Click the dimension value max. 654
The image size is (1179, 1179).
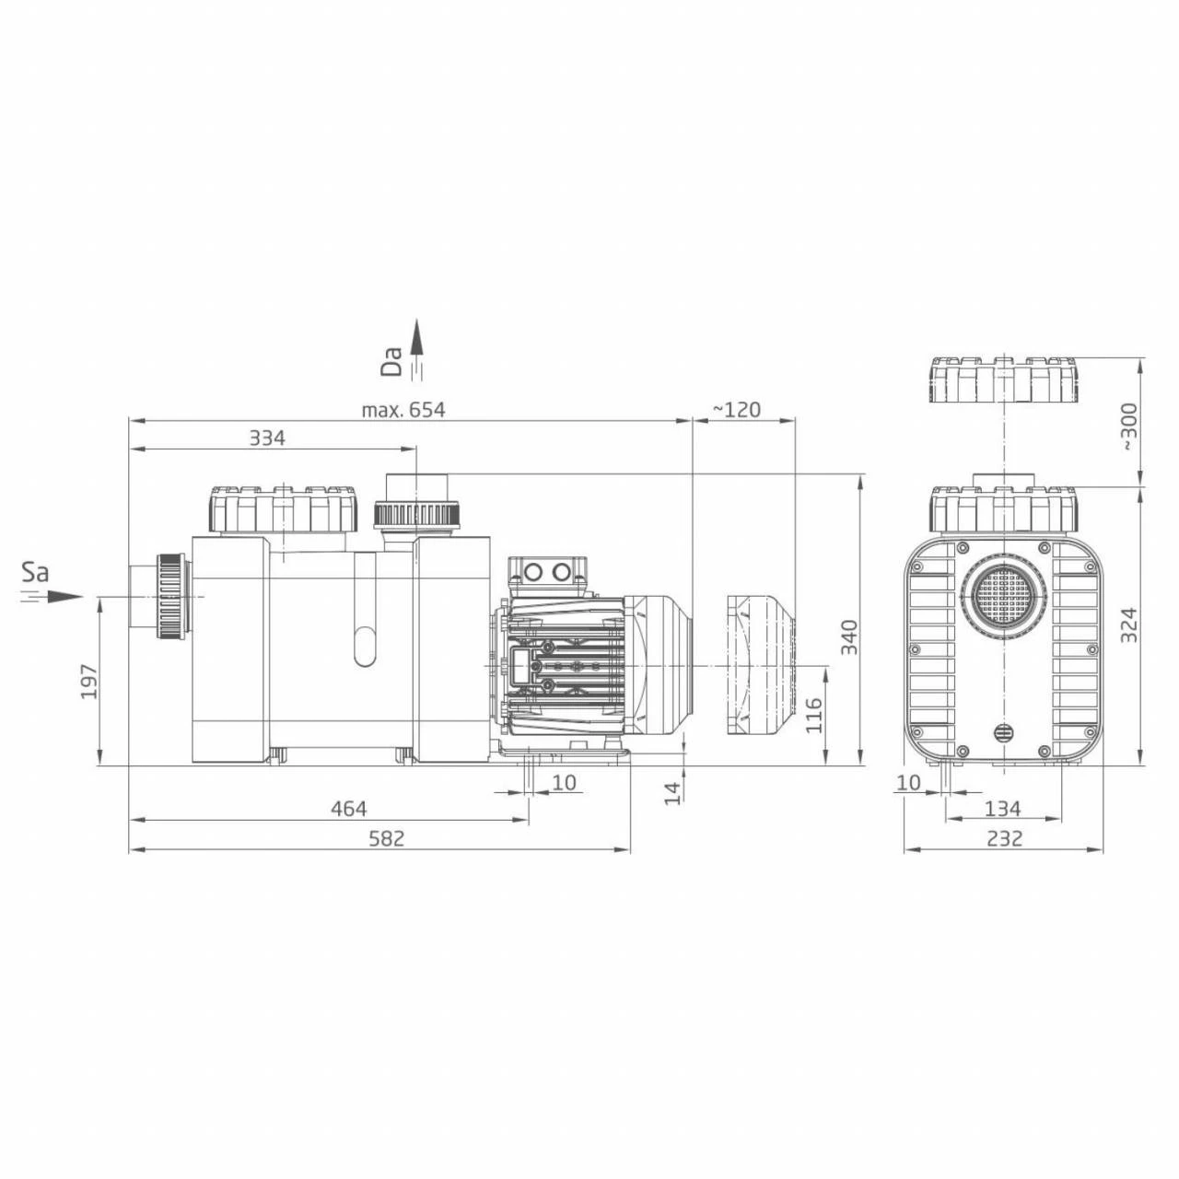403,410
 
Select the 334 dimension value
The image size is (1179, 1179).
267,438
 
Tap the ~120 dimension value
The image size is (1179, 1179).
738,410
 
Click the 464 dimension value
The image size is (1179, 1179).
348,809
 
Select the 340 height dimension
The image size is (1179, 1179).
849,638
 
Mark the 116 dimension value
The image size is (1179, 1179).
814,715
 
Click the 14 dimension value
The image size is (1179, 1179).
674,791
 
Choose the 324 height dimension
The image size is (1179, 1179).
1129,625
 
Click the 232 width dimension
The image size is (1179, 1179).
1004,838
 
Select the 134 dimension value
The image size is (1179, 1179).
1003,809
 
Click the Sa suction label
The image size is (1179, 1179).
35,573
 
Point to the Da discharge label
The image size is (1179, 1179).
392,362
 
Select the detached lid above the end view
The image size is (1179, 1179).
1003,380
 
